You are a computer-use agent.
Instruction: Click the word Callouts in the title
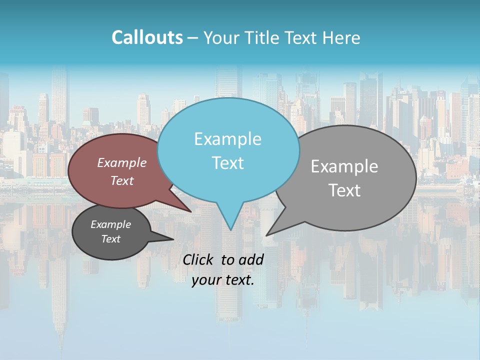(x=147, y=37)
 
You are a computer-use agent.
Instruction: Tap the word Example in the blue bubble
(x=227, y=139)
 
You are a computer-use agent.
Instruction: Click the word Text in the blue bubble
(x=227, y=162)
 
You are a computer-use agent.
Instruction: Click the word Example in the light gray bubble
(x=344, y=166)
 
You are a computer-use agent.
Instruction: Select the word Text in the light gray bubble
(x=344, y=190)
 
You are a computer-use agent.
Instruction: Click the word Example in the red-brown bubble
(x=122, y=162)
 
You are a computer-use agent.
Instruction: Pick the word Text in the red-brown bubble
(x=122, y=180)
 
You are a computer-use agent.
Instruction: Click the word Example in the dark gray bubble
(x=111, y=224)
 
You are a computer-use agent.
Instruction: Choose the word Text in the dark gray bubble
(x=111, y=239)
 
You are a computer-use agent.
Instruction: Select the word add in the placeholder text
(x=251, y=259)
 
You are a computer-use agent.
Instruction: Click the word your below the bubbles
(x=206, y=280)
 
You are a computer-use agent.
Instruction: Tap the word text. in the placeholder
(x=239, y=280)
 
